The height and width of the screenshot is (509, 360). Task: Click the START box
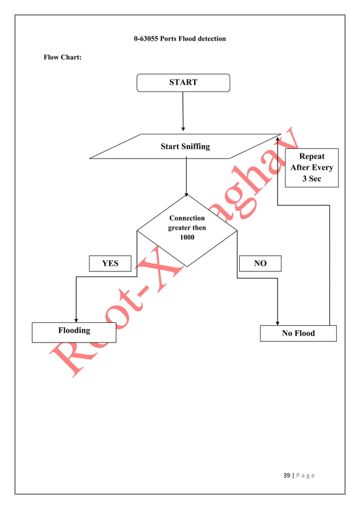click(183, 82)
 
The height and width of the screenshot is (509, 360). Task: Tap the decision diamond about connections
click(187, 230)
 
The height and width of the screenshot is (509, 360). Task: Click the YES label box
click(110, 264)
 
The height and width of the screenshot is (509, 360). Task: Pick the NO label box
click(260, 264)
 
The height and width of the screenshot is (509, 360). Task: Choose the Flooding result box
click(74, 332)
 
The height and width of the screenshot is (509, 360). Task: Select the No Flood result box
click(298, 334)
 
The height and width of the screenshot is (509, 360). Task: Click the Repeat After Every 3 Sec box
click(311, 168)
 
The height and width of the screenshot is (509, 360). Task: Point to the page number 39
click(287, 476)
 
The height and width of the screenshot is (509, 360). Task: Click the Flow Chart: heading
click(63, 58)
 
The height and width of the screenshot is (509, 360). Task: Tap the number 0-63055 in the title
click(146, 39)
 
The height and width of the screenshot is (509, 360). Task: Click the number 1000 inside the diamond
click(187, 237)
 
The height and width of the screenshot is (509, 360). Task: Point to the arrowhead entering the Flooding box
click(76, 320)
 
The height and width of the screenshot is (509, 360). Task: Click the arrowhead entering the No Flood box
click(278, 323)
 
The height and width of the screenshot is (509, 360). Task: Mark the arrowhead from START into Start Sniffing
click(183, 129)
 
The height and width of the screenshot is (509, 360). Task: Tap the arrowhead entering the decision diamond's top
click(186, 194)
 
